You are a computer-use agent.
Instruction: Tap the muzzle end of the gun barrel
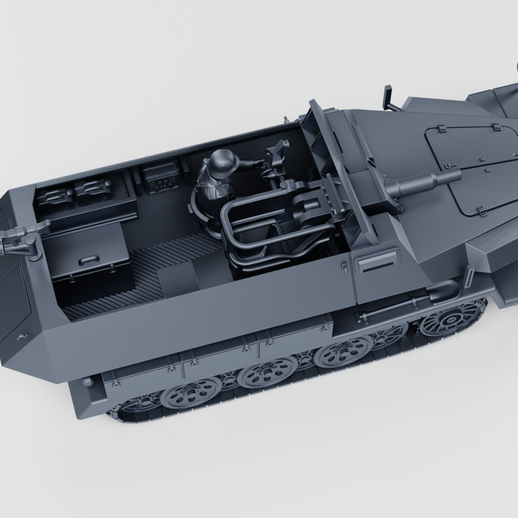(x=455, y=173)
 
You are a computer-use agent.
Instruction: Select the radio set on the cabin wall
(x=160, y=177)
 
